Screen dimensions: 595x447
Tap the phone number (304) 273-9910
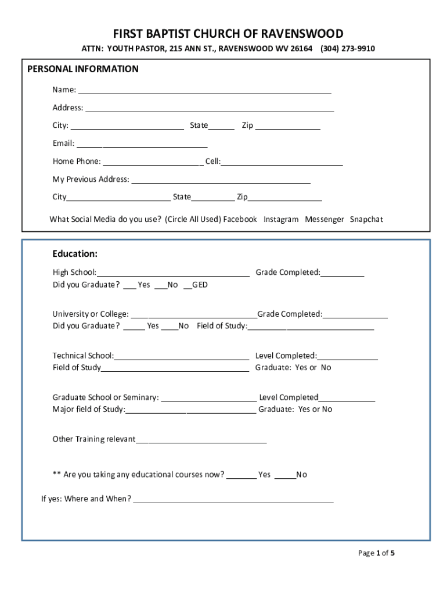pos(347,49)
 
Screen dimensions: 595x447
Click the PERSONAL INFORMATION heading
pos(83,69)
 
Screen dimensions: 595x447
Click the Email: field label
pos(63,144)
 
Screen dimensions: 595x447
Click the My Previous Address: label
pos(91,180)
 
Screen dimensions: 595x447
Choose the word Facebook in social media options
pos(240,220)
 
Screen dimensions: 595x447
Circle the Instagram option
pos(281,220)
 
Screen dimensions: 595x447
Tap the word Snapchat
pos(366,220)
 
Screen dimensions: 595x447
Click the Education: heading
pos(75,254)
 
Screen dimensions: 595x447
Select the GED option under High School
pos(200,285)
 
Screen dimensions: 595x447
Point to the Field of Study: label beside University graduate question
pos(222,326)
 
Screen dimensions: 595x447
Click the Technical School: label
pos(83,356)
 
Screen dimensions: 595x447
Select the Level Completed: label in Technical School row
pos(286,356)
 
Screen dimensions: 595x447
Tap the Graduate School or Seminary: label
pos(106,398)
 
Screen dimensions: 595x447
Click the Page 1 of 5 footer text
pos(376,553)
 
